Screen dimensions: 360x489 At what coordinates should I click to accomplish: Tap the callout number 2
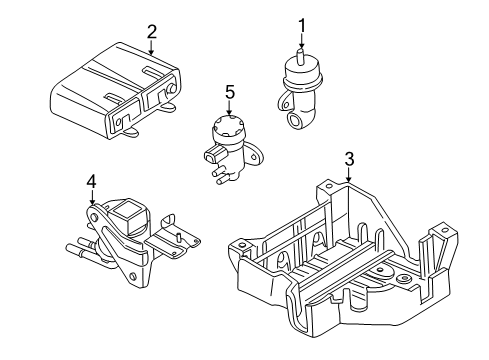click(x=151, y=31)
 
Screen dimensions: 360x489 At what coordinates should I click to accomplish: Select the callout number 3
click(x=348, y=159)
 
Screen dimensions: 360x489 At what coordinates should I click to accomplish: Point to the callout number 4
click(x=91, y=182)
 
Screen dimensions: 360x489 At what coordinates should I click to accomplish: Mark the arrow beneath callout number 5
click(x=229, y=112)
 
